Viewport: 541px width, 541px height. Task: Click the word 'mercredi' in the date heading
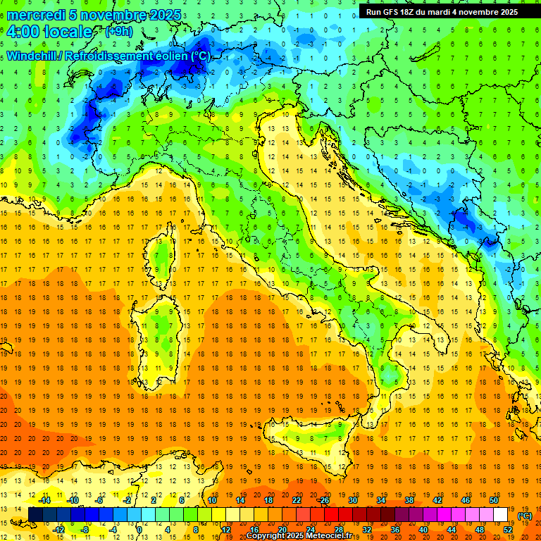coord(37,15)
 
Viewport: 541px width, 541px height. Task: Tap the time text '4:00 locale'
coord(49,32)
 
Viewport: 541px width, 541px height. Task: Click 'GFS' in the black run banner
coord(394,12)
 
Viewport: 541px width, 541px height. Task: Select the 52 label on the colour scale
coord(508,530)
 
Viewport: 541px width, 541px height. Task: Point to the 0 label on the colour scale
coord(139,530)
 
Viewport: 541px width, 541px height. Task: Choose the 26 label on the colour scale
coord(325,500)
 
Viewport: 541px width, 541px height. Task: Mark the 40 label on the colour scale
coord(423,530)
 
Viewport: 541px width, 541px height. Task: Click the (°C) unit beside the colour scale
coord(525,516)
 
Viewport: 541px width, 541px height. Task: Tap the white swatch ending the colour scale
coord(501,515)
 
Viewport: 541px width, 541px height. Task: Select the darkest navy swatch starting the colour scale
coord(36,515)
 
